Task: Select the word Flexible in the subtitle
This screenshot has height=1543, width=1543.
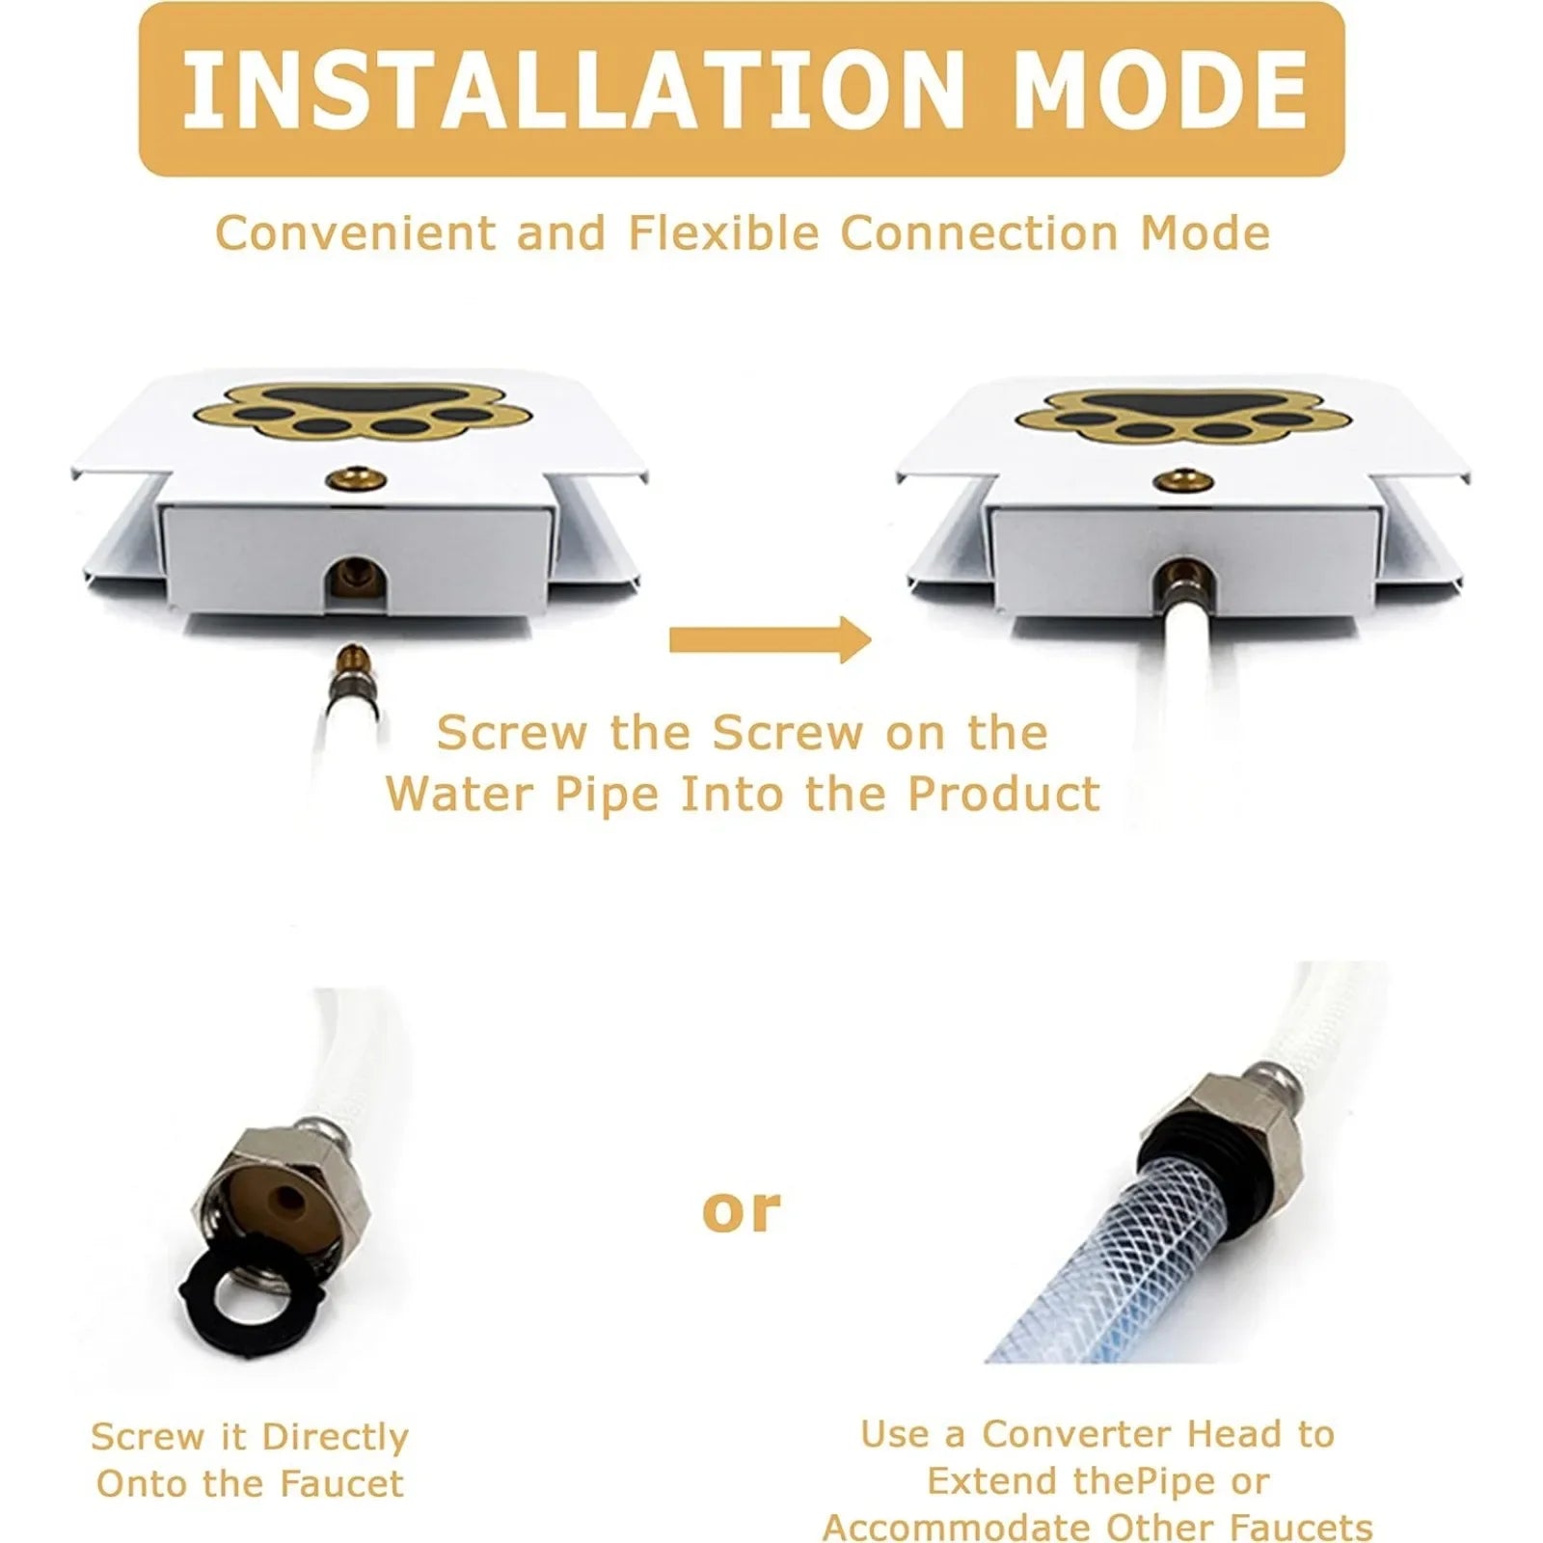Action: [x=723, y=233]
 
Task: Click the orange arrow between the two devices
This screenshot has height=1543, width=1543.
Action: [x=770, y=638]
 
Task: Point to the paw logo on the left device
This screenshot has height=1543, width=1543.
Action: [x=362, y=415]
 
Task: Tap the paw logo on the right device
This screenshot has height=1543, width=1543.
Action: [x=1182, y=417]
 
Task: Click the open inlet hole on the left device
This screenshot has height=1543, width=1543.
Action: [x=352, y=582]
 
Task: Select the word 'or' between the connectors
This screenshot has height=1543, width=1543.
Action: [x=741, y=1211]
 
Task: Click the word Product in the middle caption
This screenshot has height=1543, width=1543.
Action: [x=1003, y=795]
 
